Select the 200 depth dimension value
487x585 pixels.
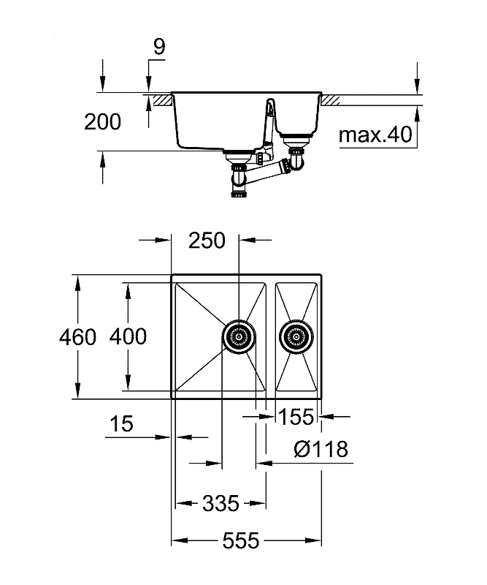pos(102,122)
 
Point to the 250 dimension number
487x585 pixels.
pos(207,240)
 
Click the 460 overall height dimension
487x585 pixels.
pos(79,337)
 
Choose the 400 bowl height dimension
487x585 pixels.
pos(128,337)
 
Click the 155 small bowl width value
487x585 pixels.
pos(296,418)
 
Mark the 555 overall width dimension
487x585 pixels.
pos(241,541)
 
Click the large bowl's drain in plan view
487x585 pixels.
pos(239,337)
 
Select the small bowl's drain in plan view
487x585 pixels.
pos(294,337)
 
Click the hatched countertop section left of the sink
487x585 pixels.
pos(160,97)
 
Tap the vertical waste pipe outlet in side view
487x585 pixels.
pos(239,183)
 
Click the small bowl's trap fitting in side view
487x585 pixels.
pos(296,155)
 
